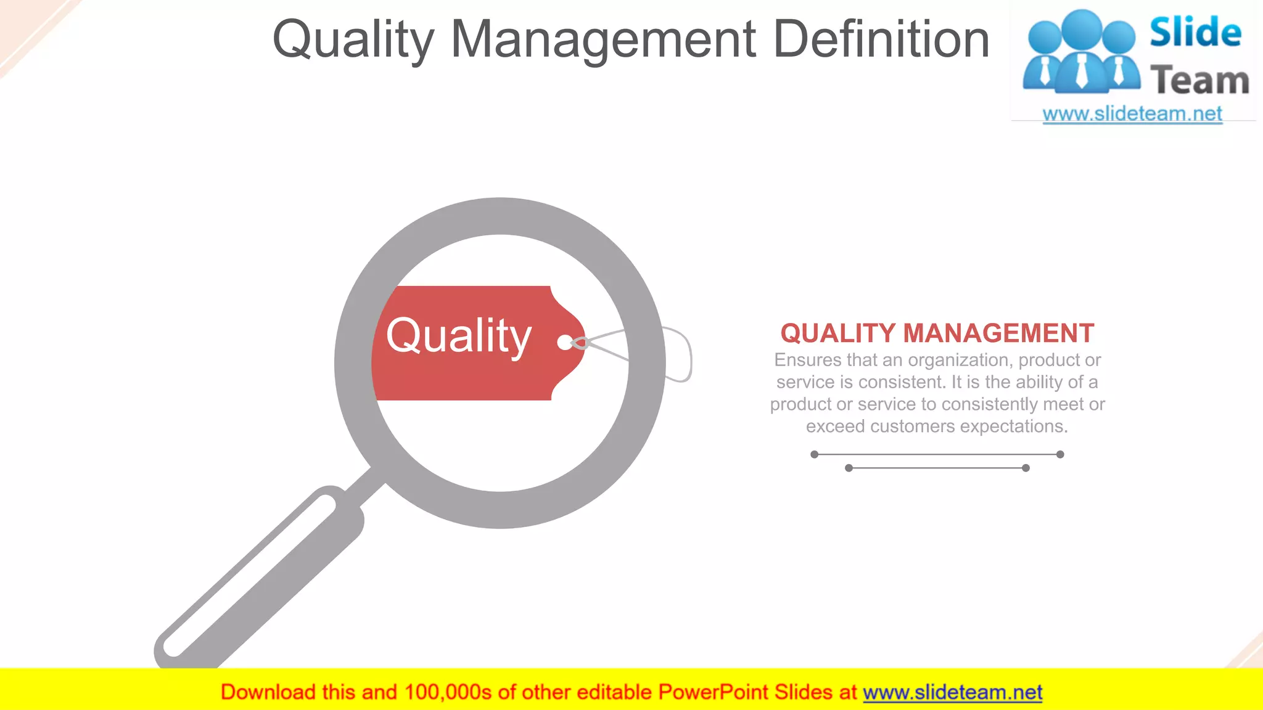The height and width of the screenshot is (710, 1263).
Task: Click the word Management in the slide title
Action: click(x=603, y=39)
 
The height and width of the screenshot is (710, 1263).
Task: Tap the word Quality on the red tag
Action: click(x=458, y=337)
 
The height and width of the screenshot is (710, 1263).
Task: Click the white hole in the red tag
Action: click(x=564, y=343)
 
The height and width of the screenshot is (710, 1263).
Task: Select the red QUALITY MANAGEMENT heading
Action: click(x=937, y=333)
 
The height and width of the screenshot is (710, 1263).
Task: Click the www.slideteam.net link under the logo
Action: click(x=1132, y=114)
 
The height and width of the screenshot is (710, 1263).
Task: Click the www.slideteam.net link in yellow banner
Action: click(x=952, y=692)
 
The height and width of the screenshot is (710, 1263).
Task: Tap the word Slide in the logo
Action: click(x=1195, y=32)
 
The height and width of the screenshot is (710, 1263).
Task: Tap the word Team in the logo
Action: click(x=1199, y=81)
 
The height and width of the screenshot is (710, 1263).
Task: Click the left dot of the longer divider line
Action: click(x=815, y=454)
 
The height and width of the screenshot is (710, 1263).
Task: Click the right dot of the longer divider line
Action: click(x=1060, y=454)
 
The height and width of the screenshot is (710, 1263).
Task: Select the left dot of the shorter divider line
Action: click(x=849, y=468)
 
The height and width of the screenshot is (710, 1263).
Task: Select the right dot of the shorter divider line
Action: click(x=1026, y=468)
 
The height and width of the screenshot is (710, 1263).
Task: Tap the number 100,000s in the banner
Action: click(x=448, y=692)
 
